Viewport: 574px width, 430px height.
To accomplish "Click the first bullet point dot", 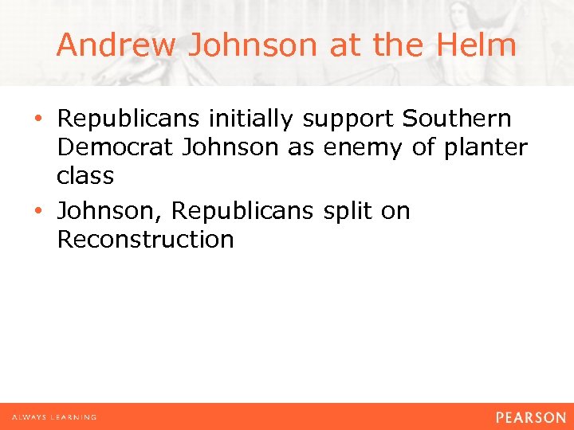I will coord(49,119).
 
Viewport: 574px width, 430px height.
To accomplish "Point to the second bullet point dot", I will coord(49,212).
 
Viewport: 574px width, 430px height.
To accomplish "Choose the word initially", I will coord(253,119).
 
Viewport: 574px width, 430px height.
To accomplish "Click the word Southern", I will coord(457,119).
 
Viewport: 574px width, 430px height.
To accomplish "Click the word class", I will coord(85,175).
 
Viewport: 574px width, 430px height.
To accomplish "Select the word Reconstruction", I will coord(145,239).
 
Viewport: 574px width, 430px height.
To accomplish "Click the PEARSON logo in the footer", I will coord(529,416).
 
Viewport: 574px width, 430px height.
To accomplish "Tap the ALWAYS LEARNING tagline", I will coord(54,417).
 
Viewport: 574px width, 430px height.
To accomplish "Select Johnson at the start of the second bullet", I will coord(109,211).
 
